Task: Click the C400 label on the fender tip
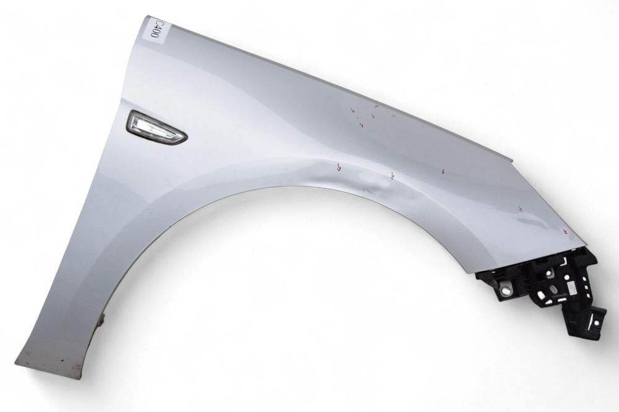(x=155, y=29)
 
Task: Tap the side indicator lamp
(x=156, y=127)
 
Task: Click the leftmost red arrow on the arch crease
(x=339, y=167)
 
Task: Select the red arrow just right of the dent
(x=392, y=175)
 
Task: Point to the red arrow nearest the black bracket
(x=565, y=231)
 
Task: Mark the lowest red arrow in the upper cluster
(x=361, y=125)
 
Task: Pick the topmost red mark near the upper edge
(x=376, y=106)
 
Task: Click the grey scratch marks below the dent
(x=369, y=191)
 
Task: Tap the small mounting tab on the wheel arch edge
(x=103, y=320)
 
